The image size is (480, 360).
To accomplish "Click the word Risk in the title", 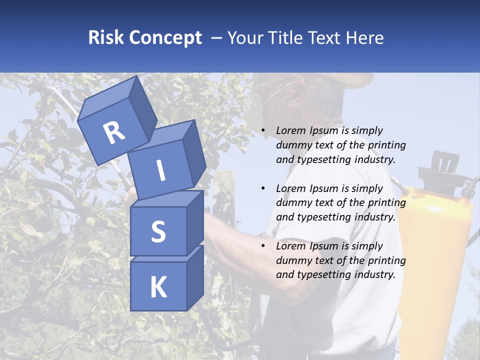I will coord(106,38).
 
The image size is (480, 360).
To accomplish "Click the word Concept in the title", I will coord(165,38).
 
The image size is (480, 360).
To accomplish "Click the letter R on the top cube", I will coord(114,132).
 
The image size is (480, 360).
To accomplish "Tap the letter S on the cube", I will coord(158,232).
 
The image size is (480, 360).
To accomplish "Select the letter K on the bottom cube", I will coord(158,287).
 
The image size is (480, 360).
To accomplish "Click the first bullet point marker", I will coord(263,131).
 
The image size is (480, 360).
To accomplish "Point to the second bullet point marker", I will coord(263,189).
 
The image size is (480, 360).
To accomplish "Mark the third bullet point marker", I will coord(263,246).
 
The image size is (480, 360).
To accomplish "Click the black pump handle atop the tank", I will coord(440,162).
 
